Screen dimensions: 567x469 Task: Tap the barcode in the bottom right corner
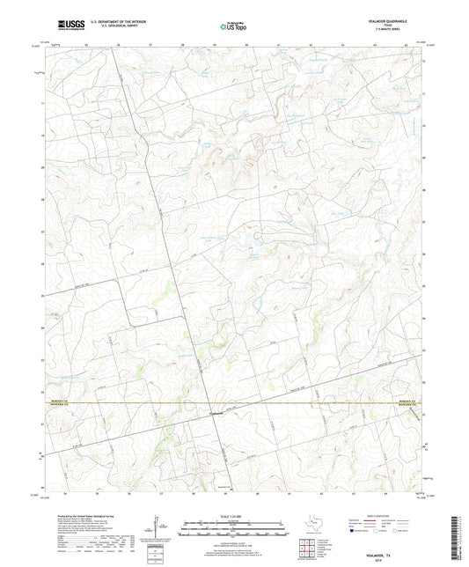(460, 535)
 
